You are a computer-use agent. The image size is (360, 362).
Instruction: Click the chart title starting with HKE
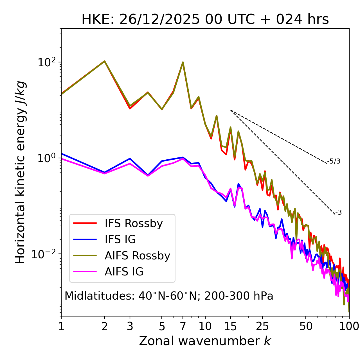[x=205, y=20]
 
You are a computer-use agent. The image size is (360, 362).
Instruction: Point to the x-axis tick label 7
[x=183, y=326]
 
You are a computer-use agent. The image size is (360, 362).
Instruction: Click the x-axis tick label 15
[x=230, y=326]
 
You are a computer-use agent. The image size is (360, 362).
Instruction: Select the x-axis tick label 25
[x=262, y=326]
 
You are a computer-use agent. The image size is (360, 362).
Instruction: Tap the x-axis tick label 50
[x=306, y=326]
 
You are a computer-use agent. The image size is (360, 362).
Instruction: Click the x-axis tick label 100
[x=349, y=326]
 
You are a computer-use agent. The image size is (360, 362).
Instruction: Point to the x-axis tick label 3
[x=130, y=326]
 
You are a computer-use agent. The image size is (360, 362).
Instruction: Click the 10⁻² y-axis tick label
[x=45, y=254]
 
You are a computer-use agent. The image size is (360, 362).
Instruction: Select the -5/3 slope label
[x=334, y=161]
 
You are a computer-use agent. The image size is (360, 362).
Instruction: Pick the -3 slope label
[x=338, y=213]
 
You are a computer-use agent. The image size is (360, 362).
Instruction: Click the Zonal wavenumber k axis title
[x=205, y=341]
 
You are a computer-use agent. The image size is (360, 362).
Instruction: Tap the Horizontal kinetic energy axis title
[x=20, y=172]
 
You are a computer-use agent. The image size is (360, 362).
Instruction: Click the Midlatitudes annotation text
[x=169, y=296]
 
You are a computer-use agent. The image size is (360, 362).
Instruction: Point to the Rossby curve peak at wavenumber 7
[x=183, y=62]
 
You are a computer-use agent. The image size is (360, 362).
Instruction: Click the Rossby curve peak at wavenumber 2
[x=105, y=61]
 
